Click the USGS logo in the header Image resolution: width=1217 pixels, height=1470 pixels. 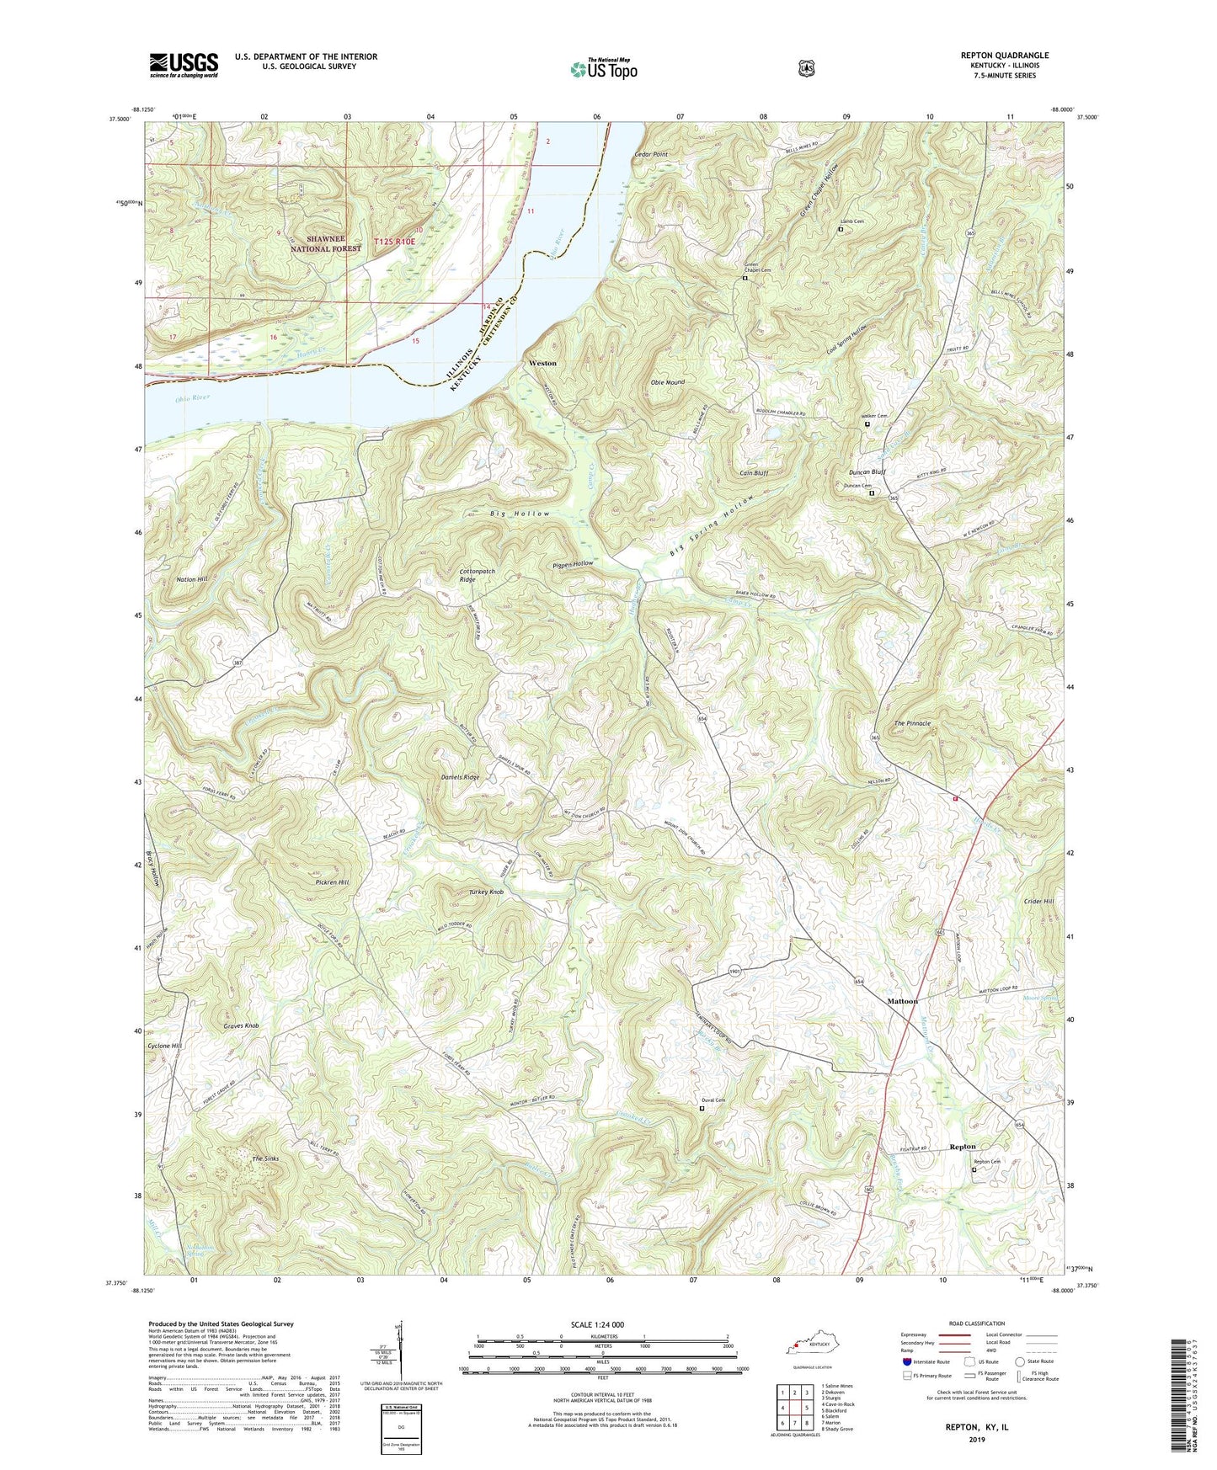coord(184,64)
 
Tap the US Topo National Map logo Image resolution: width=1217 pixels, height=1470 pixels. coord(603,69)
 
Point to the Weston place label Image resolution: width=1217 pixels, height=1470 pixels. coord(542,363)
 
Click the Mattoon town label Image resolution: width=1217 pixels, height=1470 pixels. coord(902,1001)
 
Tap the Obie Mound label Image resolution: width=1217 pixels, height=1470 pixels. coord(667,382)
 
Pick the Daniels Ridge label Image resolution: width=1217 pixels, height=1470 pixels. coord(460,777)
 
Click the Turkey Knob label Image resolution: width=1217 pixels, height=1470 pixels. coord(486,892)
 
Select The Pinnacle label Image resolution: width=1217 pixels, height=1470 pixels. coord(912,723)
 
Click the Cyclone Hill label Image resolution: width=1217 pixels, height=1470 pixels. coord(164,1046)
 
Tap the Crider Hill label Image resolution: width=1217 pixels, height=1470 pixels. coord(1038,901)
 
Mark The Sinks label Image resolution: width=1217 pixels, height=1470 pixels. coord(265,1159)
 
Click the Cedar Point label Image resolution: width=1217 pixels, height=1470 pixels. coord(650,155)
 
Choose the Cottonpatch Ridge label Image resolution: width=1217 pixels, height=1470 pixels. coord(477,575)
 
